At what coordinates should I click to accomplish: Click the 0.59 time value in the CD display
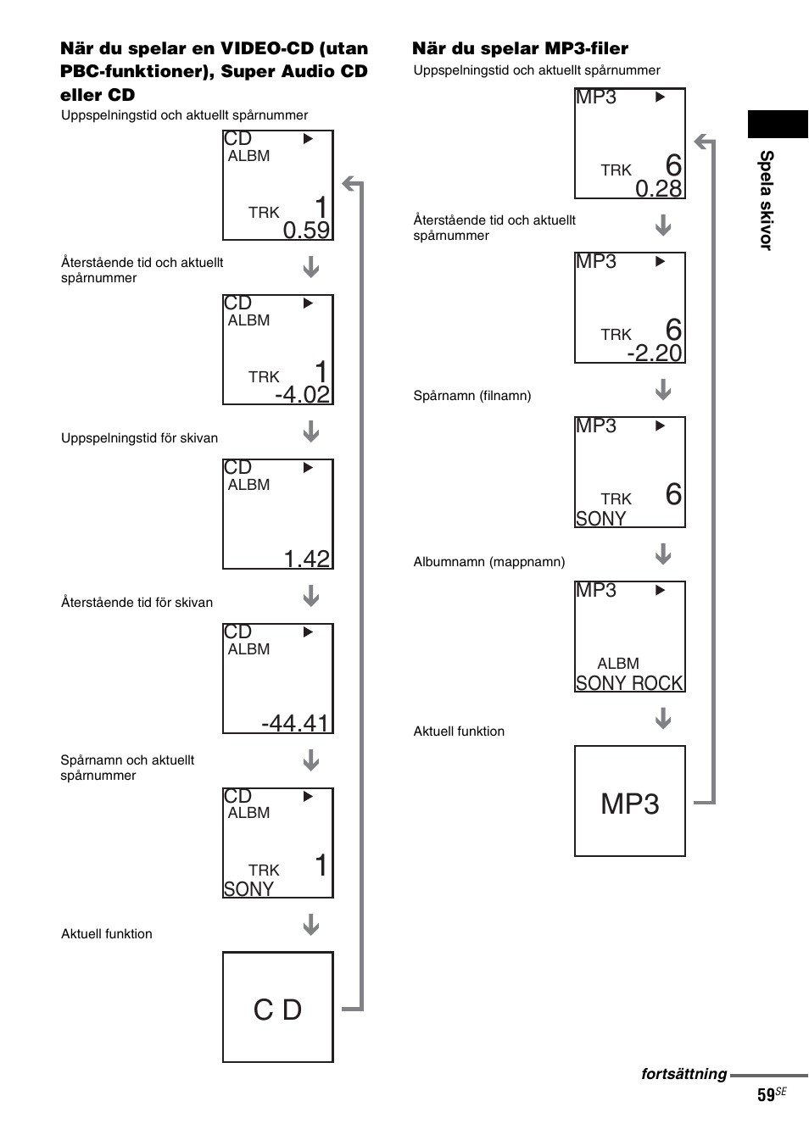306,231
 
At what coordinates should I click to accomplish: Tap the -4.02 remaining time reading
303,395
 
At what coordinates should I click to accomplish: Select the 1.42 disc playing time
306,559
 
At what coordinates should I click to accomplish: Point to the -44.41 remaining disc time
295,723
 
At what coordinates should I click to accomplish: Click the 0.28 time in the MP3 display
659,189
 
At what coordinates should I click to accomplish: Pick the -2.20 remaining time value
655,353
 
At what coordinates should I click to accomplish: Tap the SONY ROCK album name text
629,683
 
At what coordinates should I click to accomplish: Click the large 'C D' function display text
277,1010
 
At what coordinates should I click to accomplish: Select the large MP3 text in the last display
629,804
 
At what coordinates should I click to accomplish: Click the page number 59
766,1095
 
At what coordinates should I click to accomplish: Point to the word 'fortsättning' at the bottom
683,1074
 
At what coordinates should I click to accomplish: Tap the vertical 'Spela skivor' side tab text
766,200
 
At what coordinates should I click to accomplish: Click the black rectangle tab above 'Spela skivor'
778,124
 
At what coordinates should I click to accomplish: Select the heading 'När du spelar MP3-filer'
520,48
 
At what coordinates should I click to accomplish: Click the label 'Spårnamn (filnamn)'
471,396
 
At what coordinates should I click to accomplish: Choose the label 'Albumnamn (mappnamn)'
488,562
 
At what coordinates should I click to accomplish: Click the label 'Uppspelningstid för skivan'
139,438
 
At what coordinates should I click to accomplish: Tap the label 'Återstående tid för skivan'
137,602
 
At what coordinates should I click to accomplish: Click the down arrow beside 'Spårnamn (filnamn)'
663,389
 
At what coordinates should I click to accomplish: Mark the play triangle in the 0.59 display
308,139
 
